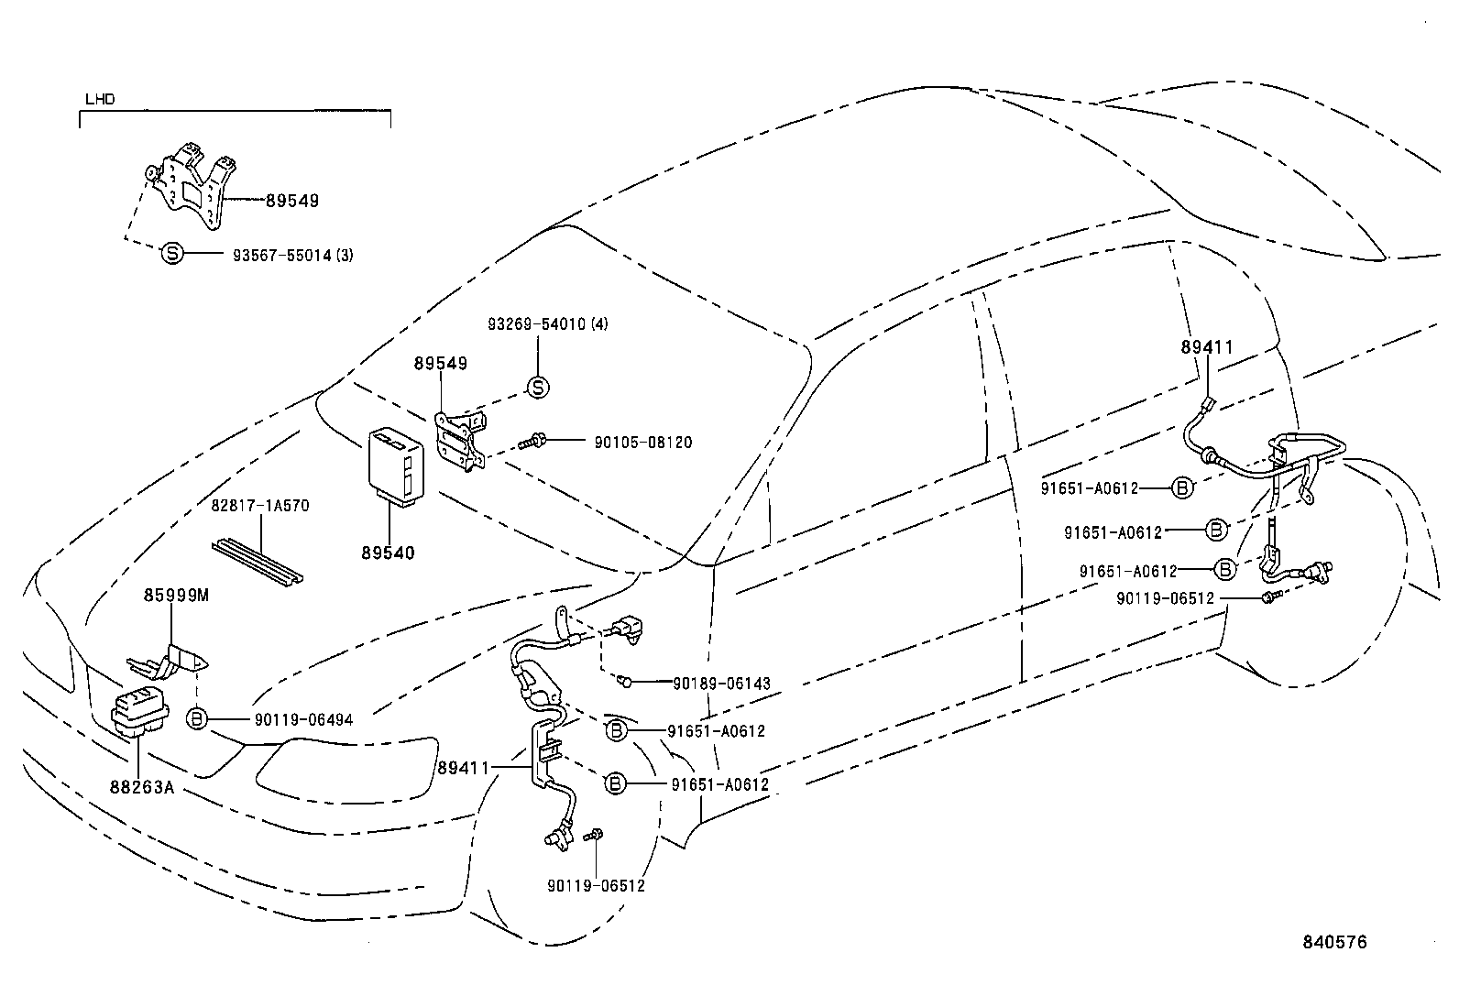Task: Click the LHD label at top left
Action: pos(100,99)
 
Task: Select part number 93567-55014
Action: pos(282,256)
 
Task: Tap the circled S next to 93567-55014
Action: pos(172,253)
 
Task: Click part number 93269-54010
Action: pos(537,323)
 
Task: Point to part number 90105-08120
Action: pos(642,443)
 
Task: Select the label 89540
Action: pos(389,553)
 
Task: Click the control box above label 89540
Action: pos(396,466)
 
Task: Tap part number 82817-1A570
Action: pos(260,506)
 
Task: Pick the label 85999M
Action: pos(176,596)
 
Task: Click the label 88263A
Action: pos(142,787)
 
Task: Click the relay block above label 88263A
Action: pos(139,713)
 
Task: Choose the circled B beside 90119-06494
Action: pos(197,719)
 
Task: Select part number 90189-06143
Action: pos(721,684)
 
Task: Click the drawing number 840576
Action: pos(1334,943)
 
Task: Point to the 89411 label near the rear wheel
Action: pos(1207,347)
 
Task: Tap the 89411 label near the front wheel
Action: pos(463,769)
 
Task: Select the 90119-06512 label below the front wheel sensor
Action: pos(596,886)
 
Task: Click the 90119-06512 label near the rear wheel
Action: pos(1165,598)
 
